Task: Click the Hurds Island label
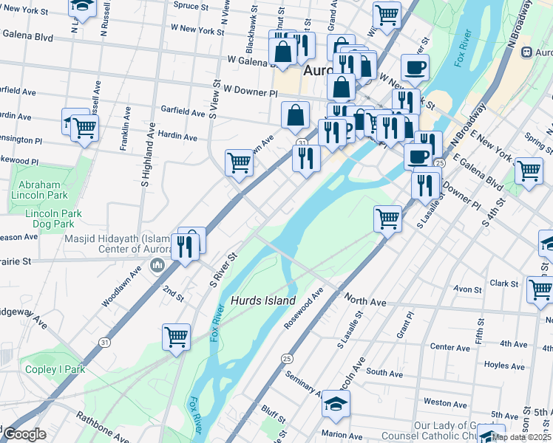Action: click(x=263, y=301)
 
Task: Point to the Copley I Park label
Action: click(x=53, y=369)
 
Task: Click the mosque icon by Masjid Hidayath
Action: click(x=157, y=265)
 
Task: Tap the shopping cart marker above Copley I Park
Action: click(x=176, y=337)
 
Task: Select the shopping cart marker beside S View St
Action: click(x=239, y=162)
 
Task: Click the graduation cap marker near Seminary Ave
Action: click(x=336, y=404)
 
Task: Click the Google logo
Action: click(x=24, y=434)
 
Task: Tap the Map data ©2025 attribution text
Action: click(x=521, y=437)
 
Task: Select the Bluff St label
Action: click(x=273, y=408)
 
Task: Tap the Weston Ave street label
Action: click(x=446, y=403)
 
